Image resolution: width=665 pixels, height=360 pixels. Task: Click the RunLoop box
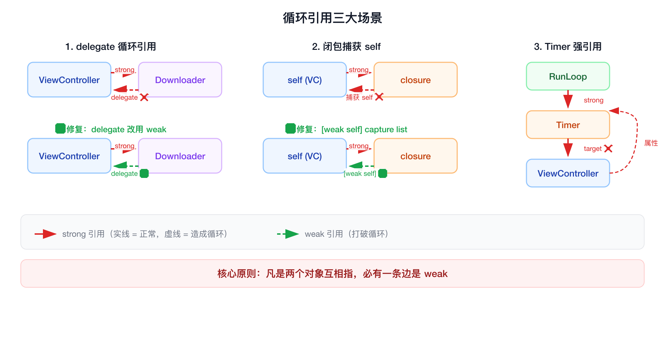click(568, 76)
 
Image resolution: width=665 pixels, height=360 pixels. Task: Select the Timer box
click(568, 125)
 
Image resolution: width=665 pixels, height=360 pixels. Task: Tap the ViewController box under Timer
click(568, 173)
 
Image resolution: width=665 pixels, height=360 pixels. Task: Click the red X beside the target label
click(608, 148)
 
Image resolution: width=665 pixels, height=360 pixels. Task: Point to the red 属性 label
click(651, 143)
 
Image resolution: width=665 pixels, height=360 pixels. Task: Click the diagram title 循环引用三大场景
click(332, 18)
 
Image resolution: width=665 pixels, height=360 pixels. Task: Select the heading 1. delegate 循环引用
click(110, 47)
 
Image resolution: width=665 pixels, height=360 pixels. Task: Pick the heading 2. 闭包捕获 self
click(346, 47)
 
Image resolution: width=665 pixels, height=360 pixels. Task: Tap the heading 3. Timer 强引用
click(568, 47)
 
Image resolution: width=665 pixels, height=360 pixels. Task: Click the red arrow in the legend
click(46, 234)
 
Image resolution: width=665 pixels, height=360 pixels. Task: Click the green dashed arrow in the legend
click(288, 234)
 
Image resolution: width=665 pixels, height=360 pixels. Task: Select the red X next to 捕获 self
click(379, 97)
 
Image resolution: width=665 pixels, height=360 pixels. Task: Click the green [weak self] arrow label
click(360, 173)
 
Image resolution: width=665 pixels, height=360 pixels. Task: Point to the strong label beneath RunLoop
click(593, 100)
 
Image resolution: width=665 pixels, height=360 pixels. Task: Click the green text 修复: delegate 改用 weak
click(116, 129)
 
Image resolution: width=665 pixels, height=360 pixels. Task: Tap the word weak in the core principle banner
click(436, 274)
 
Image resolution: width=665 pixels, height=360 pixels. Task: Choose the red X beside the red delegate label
click(144, 97)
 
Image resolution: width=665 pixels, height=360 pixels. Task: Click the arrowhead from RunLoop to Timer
click(568, 103)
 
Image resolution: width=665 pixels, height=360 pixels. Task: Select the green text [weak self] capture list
click(364, 129)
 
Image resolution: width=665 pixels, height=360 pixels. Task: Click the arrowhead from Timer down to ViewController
click(568, 152)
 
